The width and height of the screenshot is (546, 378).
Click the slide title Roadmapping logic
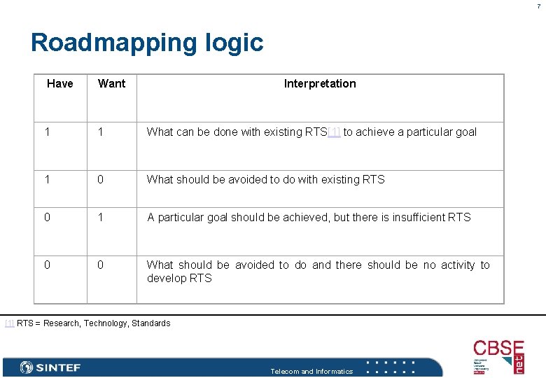pos(147,43)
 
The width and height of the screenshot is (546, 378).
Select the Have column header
pos(60,84)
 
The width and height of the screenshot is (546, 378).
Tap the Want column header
pos(112,84)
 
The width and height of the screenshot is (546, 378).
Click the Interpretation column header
pos(320,84)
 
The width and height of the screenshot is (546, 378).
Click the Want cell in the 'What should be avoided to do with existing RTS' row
pos(101,180)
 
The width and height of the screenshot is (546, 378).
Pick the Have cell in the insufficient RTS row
pos(48,218)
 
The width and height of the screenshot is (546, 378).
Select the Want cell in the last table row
pos(101,265)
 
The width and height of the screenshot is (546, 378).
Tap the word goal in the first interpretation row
pos(465,132)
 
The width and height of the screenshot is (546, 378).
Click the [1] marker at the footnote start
pos(9,323)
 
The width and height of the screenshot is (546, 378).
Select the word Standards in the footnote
pos(151,323)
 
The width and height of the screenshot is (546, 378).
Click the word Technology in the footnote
pos(105,323)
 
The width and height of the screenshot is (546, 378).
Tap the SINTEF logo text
pos(58,367)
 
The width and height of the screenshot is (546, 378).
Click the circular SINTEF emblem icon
pos(27,367)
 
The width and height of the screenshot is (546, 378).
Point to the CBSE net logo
pos(498,356)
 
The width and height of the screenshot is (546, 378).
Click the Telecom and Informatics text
pos(311,372)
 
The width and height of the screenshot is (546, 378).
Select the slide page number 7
pos(539,6)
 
